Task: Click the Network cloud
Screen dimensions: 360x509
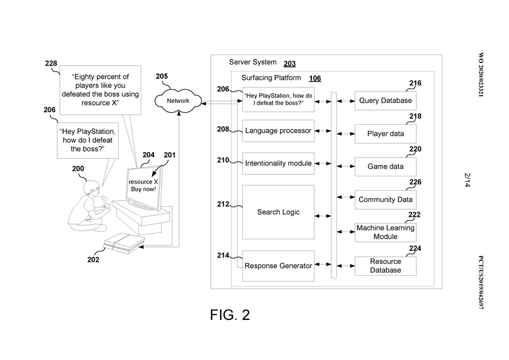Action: point(178,101)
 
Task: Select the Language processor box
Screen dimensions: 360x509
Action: point(278,130)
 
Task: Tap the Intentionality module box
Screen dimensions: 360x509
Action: point(278,163)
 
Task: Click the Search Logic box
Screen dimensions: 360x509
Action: point(278,212)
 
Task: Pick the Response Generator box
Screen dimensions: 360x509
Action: point(278,265)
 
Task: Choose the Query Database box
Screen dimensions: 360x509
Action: point(385,101)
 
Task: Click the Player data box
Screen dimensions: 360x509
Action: point(385,133)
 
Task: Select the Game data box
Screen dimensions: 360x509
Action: point(385,166)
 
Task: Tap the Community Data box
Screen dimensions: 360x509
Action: point(385,199)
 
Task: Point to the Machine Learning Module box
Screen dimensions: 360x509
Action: point(385,232)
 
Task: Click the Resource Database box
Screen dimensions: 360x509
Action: point(385,265)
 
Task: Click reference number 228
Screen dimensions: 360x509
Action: point(52,63)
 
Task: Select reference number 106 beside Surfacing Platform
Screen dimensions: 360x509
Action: point(315,79)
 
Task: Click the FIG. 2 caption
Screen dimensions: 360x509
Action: point(230,315)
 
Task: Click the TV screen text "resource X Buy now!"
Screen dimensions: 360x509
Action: point(144,185)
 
